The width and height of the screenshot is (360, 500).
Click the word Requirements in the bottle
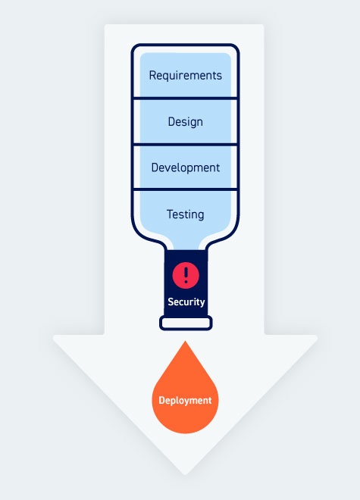pos(186,76)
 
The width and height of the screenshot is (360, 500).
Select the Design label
pos(186,121)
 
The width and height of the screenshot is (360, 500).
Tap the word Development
pos(186,167)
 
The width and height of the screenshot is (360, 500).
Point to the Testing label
pos(186,214)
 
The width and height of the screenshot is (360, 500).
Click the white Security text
pos(186,302)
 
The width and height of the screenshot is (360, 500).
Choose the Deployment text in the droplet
pos(185,400)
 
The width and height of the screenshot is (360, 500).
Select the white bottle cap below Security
pos(186,323)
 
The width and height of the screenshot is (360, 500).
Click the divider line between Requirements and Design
pos(186,98)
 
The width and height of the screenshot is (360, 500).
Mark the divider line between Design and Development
pos(186,144)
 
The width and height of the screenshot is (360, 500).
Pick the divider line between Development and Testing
pos(186,189)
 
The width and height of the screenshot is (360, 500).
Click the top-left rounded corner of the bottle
pos(136,49)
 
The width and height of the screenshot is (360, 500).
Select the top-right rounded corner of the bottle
pos(234,49)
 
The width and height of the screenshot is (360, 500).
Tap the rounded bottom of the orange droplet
pos(185,432)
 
